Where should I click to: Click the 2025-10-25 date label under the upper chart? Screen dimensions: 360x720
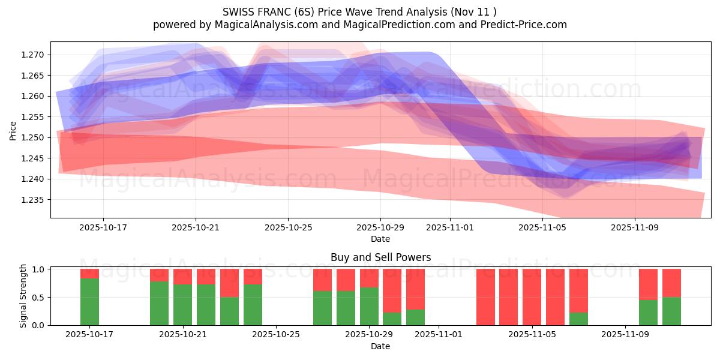click(288, 228)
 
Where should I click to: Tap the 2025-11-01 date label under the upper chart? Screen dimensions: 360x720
click(450, 228)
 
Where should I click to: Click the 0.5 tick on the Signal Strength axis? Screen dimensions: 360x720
click(40, 298)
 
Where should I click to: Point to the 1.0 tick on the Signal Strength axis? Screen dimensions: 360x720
click(40, 269)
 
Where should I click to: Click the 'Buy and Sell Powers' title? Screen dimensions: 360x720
click(380, 257)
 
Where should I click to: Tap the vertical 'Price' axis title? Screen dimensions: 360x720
click(13, 130)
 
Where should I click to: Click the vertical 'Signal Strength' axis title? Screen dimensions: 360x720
click(24, 296)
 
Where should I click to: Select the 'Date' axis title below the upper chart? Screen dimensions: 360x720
click(380, 239)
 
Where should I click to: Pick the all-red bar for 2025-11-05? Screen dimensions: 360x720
click(532, 297)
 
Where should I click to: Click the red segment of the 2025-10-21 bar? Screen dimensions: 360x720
click(182, 277)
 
